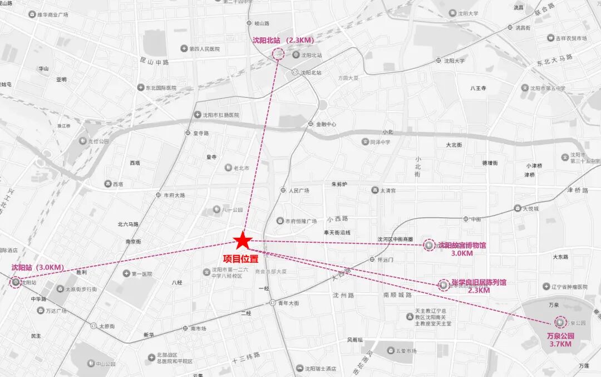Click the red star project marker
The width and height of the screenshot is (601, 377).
[x=242, y=241]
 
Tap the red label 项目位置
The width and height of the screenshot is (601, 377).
[x=240, y=258]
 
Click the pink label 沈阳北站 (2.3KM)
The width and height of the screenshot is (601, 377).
[x=283, y=40]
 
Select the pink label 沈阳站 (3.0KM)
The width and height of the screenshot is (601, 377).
[x=37, y=267]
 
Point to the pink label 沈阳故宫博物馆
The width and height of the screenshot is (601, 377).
[x=461, y=245]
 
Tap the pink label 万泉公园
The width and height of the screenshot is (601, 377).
[x=560, y=336]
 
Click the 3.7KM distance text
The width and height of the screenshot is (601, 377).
[x=560, y=344]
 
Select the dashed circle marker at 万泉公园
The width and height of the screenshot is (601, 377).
[x=559, y=322]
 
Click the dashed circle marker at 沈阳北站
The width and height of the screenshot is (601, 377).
[x=278, y=54]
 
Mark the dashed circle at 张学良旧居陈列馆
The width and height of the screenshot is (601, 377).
[x=443, y=285]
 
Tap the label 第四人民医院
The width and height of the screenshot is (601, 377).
[x=204, y=49]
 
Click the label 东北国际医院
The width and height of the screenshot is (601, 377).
[x=160, y=88]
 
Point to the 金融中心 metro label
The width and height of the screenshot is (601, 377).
[x=326, y=124]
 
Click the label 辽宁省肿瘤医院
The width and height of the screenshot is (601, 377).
[x=569, y=286]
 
